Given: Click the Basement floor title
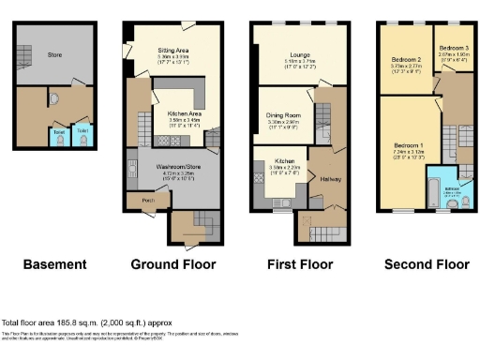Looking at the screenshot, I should pyautogui.click(x=55, y=264).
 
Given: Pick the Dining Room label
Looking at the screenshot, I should pyautogui.click(x=283, y=115).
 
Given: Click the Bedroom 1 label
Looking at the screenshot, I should pyautogui.click(x=409, y=146).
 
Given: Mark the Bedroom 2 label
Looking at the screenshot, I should pyautogui.click(x=406, y=60).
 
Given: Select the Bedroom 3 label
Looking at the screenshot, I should pyautogui.click(x=453, y=47).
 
